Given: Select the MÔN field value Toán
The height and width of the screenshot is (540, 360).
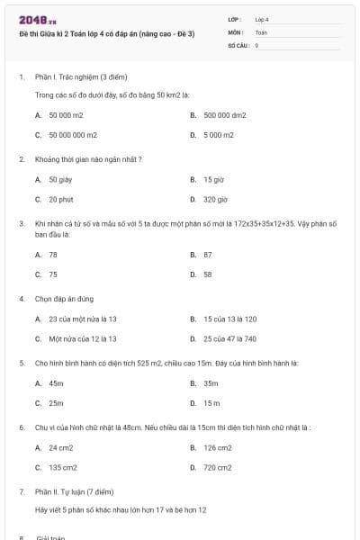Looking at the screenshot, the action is [x=261, y=31].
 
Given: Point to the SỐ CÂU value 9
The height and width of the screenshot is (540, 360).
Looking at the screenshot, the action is [x=256, y=44].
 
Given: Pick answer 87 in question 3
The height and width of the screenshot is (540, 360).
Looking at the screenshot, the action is [x=208, y=255].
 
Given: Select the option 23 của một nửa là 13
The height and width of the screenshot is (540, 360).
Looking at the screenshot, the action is [x=83, y=319].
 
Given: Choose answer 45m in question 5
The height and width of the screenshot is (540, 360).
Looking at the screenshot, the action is [x=56, y=383].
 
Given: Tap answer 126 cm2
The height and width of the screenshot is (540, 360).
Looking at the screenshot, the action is [x=217, y=447].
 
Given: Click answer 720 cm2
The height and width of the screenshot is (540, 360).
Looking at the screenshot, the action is [x=217, y=467].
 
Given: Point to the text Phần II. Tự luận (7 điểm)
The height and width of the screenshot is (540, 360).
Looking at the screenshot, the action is [x=75, y=492].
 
